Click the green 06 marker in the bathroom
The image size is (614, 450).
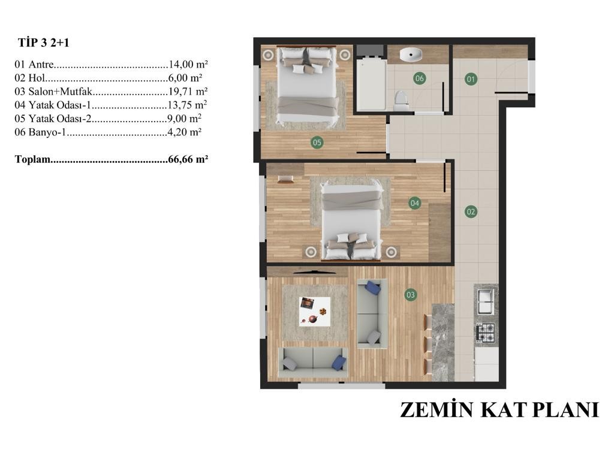419,78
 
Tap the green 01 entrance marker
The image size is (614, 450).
471,80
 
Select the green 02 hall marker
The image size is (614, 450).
471,212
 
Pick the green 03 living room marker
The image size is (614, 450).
410,295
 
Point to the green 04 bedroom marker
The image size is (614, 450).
414,203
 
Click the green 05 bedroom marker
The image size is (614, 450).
317,143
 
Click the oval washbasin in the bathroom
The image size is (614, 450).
411,55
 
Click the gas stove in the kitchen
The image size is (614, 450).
486,333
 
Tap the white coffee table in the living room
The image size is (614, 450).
314,312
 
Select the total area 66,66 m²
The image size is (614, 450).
188,159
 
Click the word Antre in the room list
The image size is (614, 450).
41,64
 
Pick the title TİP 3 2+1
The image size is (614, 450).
43,43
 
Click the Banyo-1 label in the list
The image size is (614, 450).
47,132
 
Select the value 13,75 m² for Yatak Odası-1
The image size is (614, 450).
187,105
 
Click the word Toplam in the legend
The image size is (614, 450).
32,159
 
